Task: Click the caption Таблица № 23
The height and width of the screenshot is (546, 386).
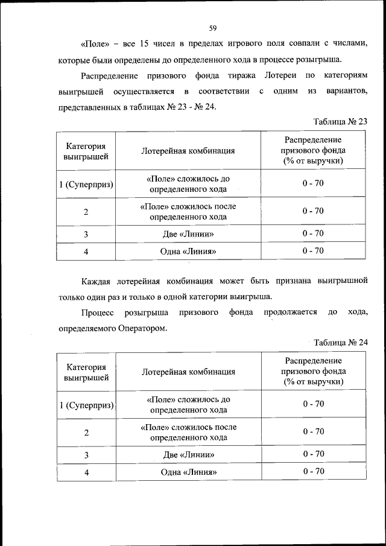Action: click(341, 121)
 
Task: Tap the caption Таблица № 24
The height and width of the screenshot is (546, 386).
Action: click(341, 342)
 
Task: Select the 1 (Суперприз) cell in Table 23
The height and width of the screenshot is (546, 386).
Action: click(86, 183)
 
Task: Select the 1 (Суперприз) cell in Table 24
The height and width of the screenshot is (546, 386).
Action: click(86, 404)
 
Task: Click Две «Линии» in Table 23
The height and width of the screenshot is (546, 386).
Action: click(188, 233)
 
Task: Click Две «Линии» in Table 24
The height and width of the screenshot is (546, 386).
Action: click(188, 454)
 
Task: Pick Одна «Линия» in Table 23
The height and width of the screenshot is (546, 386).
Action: click(188, 251)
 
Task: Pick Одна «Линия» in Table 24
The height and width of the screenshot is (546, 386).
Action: click(188, 472)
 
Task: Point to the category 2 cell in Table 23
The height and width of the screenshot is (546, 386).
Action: click(86, 212)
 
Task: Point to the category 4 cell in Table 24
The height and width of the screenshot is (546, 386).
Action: click(86, 472)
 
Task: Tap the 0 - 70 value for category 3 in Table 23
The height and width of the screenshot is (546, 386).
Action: click(313, 233)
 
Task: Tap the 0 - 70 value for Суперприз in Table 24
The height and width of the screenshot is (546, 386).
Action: click(313, 404)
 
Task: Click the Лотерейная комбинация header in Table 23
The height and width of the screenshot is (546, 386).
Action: click(188, 151)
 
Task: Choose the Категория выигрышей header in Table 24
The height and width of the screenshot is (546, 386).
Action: click(86, 372)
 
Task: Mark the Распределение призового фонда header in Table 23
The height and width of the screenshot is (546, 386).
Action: click(313, 150)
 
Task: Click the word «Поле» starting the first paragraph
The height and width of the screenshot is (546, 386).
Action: click(93, 43)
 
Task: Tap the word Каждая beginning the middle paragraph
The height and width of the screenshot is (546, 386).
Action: click(96, 281)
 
